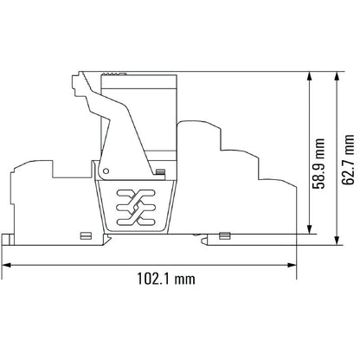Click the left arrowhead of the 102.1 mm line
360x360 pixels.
pos(6,264)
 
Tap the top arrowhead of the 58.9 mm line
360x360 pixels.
pos(310,77)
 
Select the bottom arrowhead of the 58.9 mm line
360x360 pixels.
pos(310,229)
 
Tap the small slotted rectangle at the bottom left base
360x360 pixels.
pos(84,234)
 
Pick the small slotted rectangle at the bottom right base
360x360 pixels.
pos(224,234)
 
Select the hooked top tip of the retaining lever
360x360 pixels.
pos(75,79)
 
